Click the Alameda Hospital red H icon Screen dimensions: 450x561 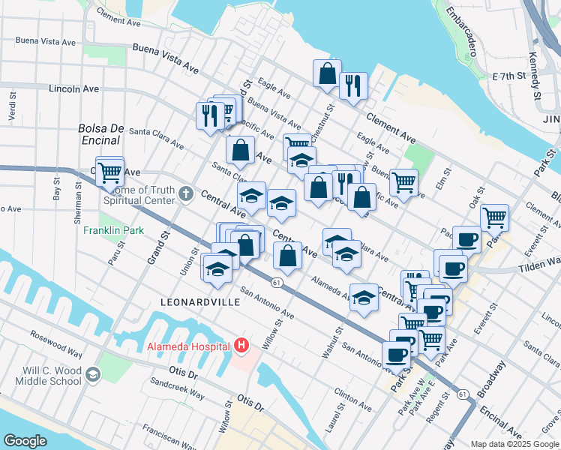pos(241,346)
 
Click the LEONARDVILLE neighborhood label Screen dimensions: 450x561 pos(200,301)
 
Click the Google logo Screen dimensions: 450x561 pos(25,441)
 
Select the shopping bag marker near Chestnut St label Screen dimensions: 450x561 pos(327,74)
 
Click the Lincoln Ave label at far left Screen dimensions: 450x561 pos(73,88)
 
